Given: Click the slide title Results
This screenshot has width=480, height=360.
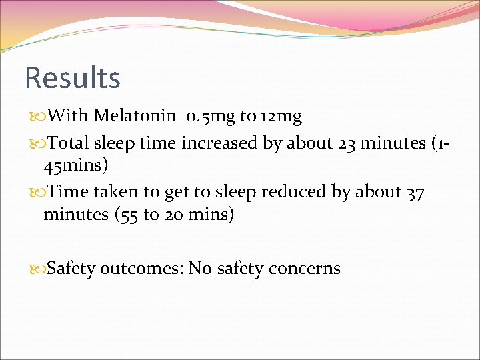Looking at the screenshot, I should (72, 77).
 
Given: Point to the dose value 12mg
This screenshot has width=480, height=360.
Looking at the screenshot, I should (281, 117).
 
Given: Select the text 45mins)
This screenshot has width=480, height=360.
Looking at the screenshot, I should (75, 164).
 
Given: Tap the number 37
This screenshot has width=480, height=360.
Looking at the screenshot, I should (413, 192).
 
